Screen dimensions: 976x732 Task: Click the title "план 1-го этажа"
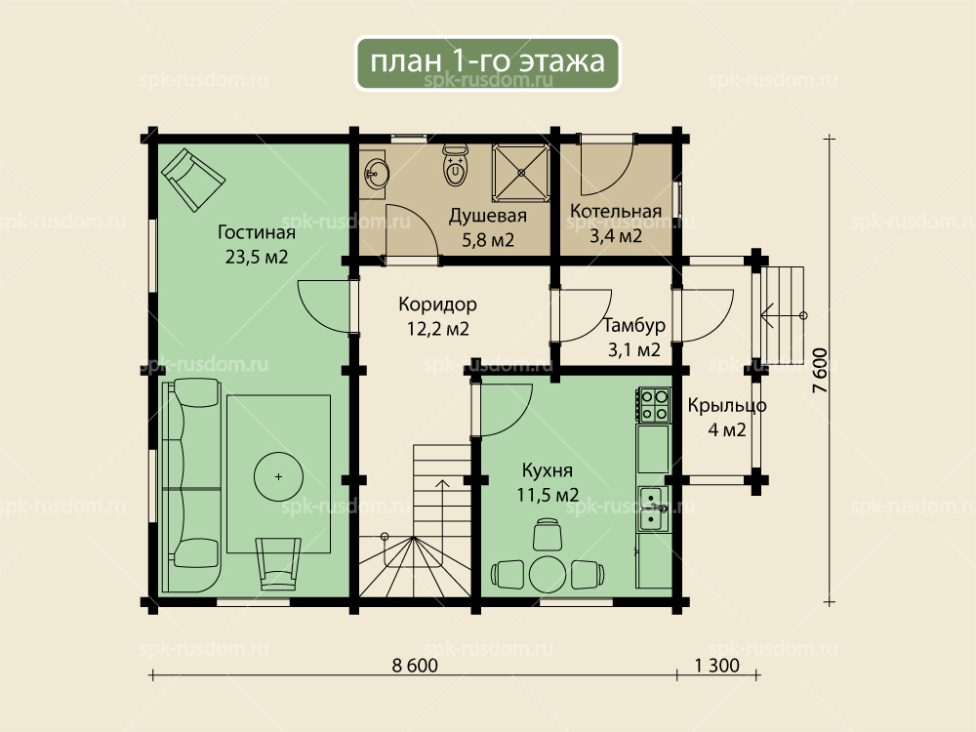487,61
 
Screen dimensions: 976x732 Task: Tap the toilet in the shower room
456,165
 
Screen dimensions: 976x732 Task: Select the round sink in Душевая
375,170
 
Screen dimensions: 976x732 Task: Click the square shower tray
521,173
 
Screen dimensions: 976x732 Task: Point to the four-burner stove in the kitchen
653,405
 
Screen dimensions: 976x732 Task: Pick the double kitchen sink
653,509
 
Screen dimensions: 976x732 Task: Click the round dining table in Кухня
547,575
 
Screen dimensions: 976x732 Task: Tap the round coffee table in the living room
278,477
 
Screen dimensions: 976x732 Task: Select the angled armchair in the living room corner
193,180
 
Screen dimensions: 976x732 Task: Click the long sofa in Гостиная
191,485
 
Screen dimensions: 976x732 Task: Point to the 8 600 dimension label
415,666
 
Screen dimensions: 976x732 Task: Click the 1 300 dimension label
717,666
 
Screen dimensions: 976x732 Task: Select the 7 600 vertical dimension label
821,370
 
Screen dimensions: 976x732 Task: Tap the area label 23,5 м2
257,257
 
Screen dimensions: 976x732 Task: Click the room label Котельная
616,211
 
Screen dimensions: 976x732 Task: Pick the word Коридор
437,305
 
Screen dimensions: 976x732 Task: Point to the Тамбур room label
634,326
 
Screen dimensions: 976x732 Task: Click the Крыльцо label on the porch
727,406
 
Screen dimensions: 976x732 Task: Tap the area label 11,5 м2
548,495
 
